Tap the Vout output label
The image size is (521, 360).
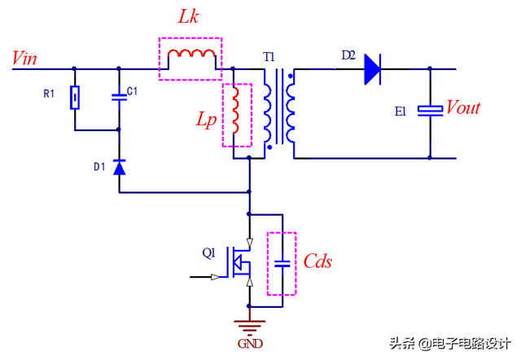click(x=463, y=108)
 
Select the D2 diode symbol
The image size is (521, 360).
click(x=373, y=69)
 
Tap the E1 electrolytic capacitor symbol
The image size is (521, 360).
click(x=430, y=112)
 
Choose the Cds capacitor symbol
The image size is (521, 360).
click(x=282, y=263)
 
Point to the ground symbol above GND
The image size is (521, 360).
click(x=249, y=325)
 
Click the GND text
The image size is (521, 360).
click(x=250, y=343)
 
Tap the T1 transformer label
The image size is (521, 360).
click(x=269, y=57)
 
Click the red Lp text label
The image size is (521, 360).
click(x=206, y=119)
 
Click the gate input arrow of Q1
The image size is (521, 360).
click(x=214, y=277)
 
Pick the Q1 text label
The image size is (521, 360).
click(x=210, y=252)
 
